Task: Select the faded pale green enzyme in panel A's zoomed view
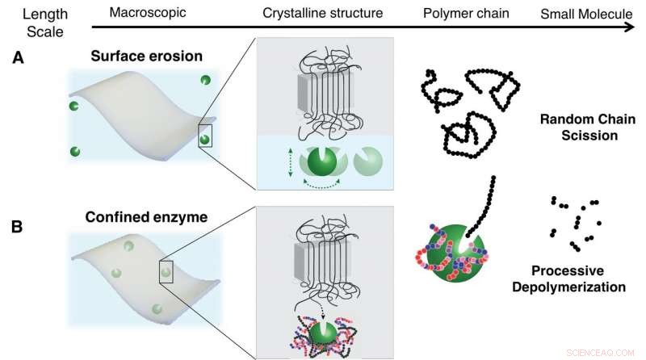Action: [371, 159]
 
